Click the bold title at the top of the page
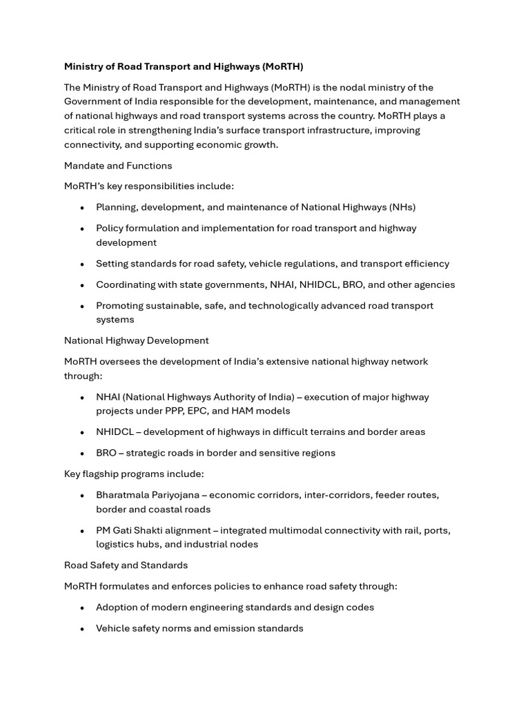184,66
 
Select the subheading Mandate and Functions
118,166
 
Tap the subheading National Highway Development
136,340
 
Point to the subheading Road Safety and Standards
126,565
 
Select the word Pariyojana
181,495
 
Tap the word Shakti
155,530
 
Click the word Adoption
116,608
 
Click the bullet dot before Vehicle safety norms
82,629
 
